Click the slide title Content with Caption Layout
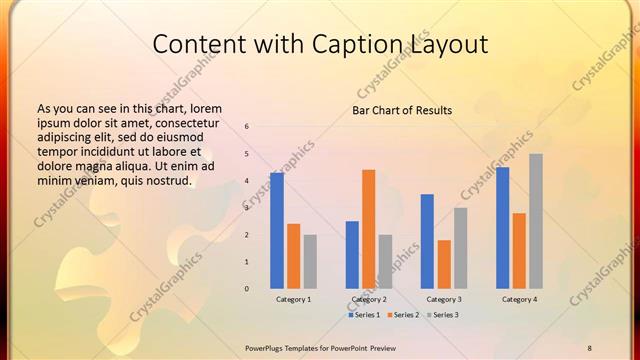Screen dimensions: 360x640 tap(320, 44)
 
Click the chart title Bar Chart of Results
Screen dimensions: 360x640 tap(402, 110)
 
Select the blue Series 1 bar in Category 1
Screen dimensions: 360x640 tap(277, 230)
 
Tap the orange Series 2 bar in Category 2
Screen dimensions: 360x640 tap(368, 229)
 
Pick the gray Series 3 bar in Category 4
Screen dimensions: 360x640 tap(536, 221)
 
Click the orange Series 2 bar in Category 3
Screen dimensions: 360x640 tap(444, 264)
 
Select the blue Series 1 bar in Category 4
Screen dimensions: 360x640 tap(503, 227)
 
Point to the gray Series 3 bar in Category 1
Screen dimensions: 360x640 tap(310, 261)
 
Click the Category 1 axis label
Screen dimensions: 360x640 tap(293, 299)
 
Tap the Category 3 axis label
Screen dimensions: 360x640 tap(444, 299)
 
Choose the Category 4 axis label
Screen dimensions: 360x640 tap(519, 299)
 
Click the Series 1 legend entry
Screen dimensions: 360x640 tap(364, 315)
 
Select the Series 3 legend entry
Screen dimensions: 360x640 tap(443, 315)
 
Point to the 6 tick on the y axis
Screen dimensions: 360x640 tap(247, 127)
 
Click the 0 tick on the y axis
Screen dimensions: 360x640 tap(247, 289)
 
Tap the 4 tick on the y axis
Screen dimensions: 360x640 tap(247, 181)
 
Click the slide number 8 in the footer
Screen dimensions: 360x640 tap(589, 347)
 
